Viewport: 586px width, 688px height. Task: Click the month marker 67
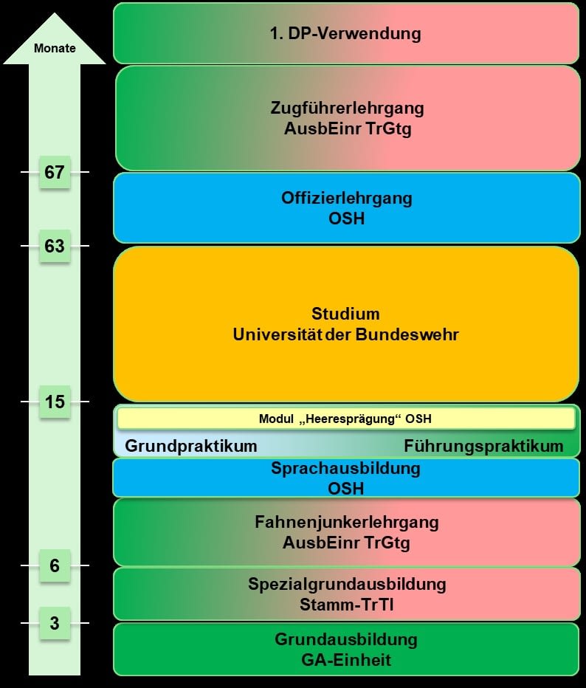tap(55, 172)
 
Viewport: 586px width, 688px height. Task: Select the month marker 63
tap(55, 246)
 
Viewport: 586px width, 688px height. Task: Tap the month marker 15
tap(55, 402)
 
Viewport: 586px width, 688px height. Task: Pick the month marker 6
tap(55, 565)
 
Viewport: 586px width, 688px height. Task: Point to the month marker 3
tap(55, 623)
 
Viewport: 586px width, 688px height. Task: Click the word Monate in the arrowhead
tap(55, 48)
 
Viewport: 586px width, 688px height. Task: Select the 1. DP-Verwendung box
tap(347, 33)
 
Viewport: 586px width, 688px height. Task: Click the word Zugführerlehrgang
tap(347, 109)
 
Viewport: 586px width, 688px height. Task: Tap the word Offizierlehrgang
tap(347, 198)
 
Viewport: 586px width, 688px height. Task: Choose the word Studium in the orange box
tap(345, 314)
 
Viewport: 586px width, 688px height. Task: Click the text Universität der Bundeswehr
tap(345, 334)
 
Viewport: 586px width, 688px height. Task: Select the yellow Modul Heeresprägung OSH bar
tap(346, 418)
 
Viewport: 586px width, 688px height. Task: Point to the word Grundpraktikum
tap(191, 446)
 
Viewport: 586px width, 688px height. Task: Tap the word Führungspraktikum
tap(483, 446)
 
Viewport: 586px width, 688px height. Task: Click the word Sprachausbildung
tap(345, 468)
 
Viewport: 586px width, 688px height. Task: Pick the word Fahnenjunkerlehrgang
tap(347, 523)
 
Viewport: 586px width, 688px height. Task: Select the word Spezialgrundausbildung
tap(347, 585)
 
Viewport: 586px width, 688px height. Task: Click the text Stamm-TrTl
tap(347, 605)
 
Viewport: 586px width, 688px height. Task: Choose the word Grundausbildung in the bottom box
tap(346, 640)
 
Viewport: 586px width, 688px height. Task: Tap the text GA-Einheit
tap(346, 660)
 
